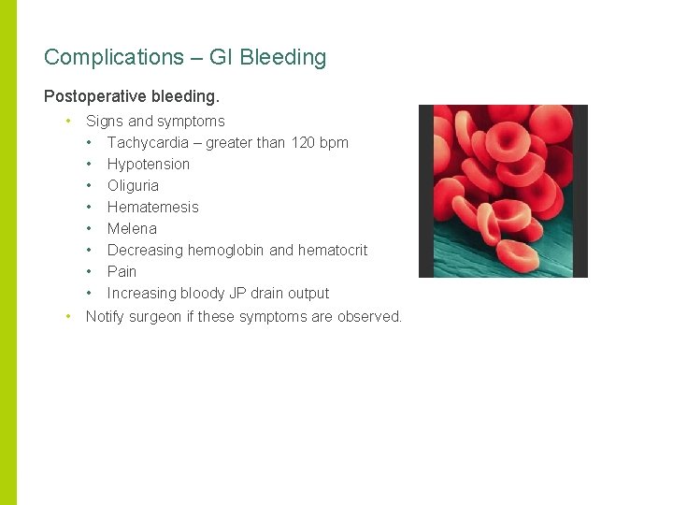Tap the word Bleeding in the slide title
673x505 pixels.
282,57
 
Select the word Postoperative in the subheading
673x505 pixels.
88,96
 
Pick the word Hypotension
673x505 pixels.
148,164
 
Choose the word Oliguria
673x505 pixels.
133,185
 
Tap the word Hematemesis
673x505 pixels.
152,207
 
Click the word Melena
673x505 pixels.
132,228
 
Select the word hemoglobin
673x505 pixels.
228,250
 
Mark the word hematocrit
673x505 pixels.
332,250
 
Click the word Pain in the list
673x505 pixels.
122,271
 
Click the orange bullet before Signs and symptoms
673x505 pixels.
68,121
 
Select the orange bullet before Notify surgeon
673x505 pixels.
68,316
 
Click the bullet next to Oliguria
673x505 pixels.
90,185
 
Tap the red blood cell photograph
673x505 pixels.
503,191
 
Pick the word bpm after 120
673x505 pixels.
333,142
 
